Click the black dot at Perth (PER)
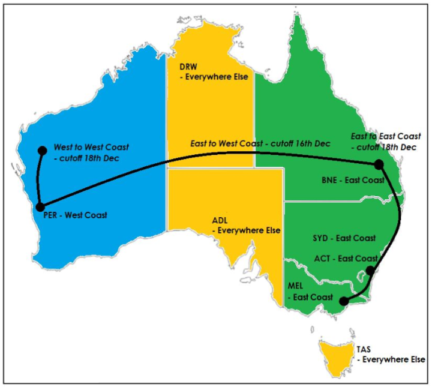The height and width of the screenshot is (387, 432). [40, 207]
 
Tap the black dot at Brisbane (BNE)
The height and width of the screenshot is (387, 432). [379, 164]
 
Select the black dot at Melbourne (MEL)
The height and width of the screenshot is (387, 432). [344, 302]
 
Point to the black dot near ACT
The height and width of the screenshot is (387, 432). [370, 271]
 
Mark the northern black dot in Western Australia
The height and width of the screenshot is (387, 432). [41, 151]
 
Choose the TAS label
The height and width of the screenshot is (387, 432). [364, 349]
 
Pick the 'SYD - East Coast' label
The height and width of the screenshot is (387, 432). [344, 238]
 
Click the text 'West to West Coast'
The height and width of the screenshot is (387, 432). [91, 146]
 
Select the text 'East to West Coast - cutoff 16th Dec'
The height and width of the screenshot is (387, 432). [260, 144]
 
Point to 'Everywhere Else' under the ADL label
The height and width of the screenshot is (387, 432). [249, 230]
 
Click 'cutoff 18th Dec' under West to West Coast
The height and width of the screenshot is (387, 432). [90, 158]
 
